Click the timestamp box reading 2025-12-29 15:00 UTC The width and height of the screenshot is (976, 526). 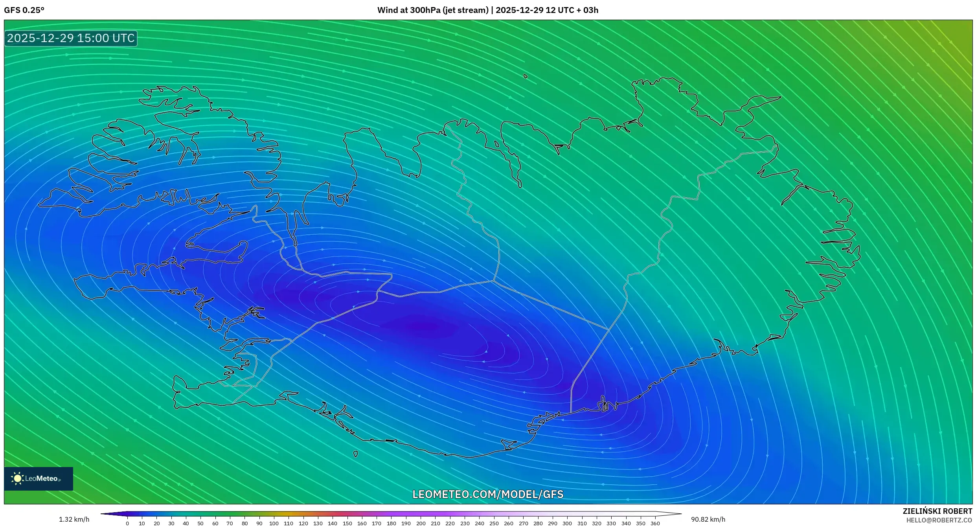(71, 38)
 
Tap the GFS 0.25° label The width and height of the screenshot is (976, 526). (24, 10)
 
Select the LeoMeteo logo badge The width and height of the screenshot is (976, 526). (39, 478)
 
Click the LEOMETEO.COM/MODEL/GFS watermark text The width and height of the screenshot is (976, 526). (488, 494)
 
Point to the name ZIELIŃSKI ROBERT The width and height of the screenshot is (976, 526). (937, 511)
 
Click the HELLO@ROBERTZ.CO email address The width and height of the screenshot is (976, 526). (939, 520)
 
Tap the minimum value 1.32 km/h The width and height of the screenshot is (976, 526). (74, 519)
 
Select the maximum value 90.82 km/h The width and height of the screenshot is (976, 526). (708, 519)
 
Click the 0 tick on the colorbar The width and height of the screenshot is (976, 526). (127, 523)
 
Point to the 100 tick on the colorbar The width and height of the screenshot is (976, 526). (274, 523)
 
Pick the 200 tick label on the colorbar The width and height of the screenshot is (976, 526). (421, 523)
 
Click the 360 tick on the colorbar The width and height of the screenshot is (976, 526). (655, 523)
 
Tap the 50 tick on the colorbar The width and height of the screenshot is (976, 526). (200, 523)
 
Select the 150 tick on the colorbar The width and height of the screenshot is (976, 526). (347, 523)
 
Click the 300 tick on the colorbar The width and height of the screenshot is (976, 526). (567, 523)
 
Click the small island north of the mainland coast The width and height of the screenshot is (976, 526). (526, 76)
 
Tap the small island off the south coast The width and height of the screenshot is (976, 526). (356, 454)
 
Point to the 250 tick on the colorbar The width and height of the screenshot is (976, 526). (494, 523)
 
